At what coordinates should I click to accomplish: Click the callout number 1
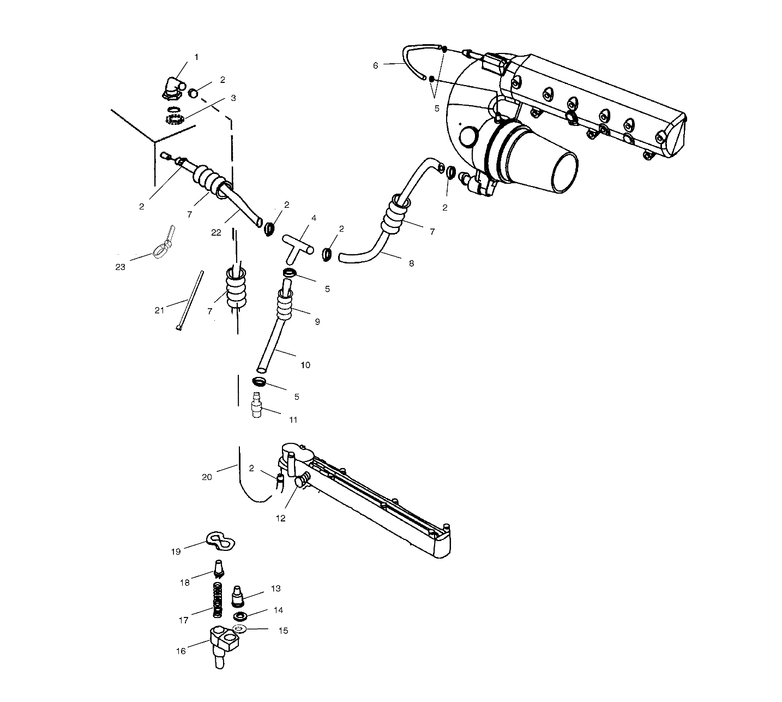click(x=196, y=57)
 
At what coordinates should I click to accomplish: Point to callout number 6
click(x=375, y=65)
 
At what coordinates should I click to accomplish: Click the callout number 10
click(x=305, y=365)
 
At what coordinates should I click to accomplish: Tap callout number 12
click(x=280, y=518)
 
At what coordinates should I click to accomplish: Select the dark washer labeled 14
click(x=239, y=616)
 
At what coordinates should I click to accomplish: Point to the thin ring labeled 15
click(x=239, y=630)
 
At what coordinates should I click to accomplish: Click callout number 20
click(x=207, y=477)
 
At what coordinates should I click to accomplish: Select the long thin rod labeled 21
click(x=190, y=299)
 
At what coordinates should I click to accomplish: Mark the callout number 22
click(x=216, y=232)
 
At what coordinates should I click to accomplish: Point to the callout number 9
click(x=317, y=322)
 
